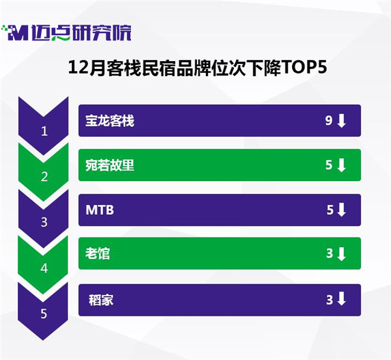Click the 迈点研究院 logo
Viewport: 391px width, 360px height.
pos(66,33)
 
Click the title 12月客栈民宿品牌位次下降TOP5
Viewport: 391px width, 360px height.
pos(197,68)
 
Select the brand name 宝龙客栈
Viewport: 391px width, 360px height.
pos(109,121)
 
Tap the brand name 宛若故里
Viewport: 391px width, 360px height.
pos(109,165)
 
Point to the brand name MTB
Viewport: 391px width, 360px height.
pos(100,210)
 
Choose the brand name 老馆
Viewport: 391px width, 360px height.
pos(98,254)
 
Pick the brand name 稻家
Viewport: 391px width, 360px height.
pos(101,300)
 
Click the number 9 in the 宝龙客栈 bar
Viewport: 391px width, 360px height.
pos(329,120)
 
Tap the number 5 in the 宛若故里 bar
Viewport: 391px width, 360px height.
pos(329,165)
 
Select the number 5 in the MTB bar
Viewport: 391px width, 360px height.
pos(330,210)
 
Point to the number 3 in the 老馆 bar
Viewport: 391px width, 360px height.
pos(330,254)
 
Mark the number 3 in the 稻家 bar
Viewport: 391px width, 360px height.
pos(330,300)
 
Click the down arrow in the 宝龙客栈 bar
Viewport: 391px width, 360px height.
pos(341,121)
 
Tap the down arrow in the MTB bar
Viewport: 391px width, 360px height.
pos(341,210)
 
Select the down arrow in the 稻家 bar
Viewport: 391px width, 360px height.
pos(341,299)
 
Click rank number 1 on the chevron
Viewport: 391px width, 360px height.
pos(44,131)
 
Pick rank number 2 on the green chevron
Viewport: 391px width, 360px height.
pos(44,176)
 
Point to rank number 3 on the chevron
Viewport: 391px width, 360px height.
pos(44,222)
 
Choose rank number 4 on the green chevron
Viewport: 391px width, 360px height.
pos(44,268)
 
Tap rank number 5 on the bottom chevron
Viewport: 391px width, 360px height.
pos(44,314)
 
